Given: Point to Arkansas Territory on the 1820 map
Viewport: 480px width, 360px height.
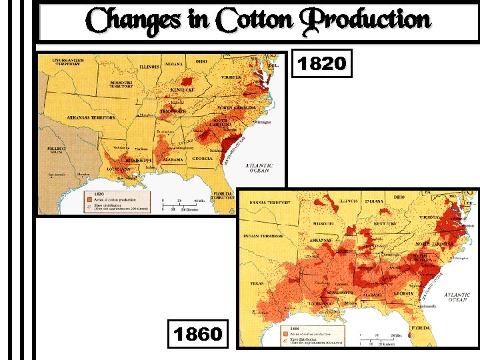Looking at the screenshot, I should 91,117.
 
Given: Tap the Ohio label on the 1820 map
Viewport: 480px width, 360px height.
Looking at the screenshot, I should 201,62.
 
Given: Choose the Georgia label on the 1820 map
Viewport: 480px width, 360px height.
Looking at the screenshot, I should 203,158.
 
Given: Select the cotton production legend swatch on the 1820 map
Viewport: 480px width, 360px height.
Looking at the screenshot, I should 89,198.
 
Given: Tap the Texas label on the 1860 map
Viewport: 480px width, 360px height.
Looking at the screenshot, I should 256,283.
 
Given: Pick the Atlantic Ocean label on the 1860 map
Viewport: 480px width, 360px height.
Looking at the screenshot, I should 457,297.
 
